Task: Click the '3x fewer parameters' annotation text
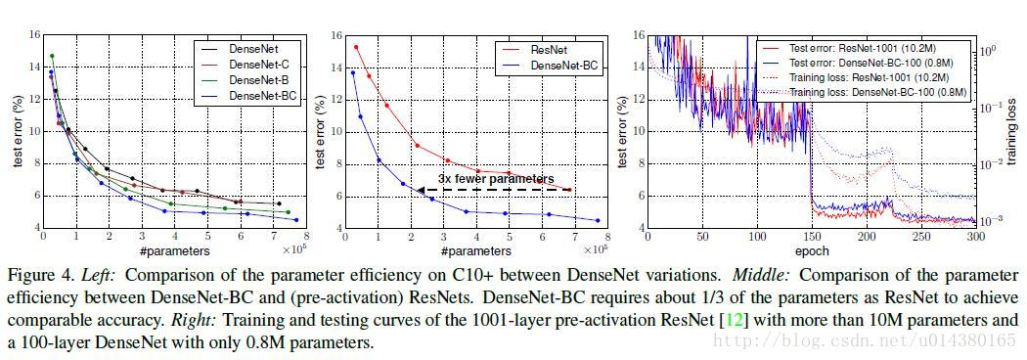(x=495, y=179)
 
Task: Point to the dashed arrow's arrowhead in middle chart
(x=421, y=190)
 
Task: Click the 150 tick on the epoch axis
(x=811, y=238)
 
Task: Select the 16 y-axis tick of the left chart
(x=34, y=35)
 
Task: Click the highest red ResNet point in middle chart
(x=356, y=47)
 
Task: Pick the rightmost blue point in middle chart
(x=598, y=220)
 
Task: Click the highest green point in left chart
(x=52, y=56)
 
